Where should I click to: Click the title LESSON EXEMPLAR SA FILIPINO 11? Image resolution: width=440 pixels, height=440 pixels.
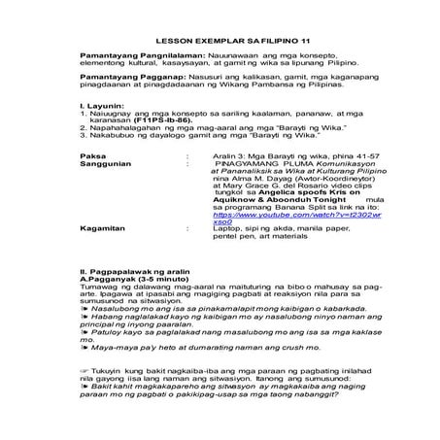tap(219, 27)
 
